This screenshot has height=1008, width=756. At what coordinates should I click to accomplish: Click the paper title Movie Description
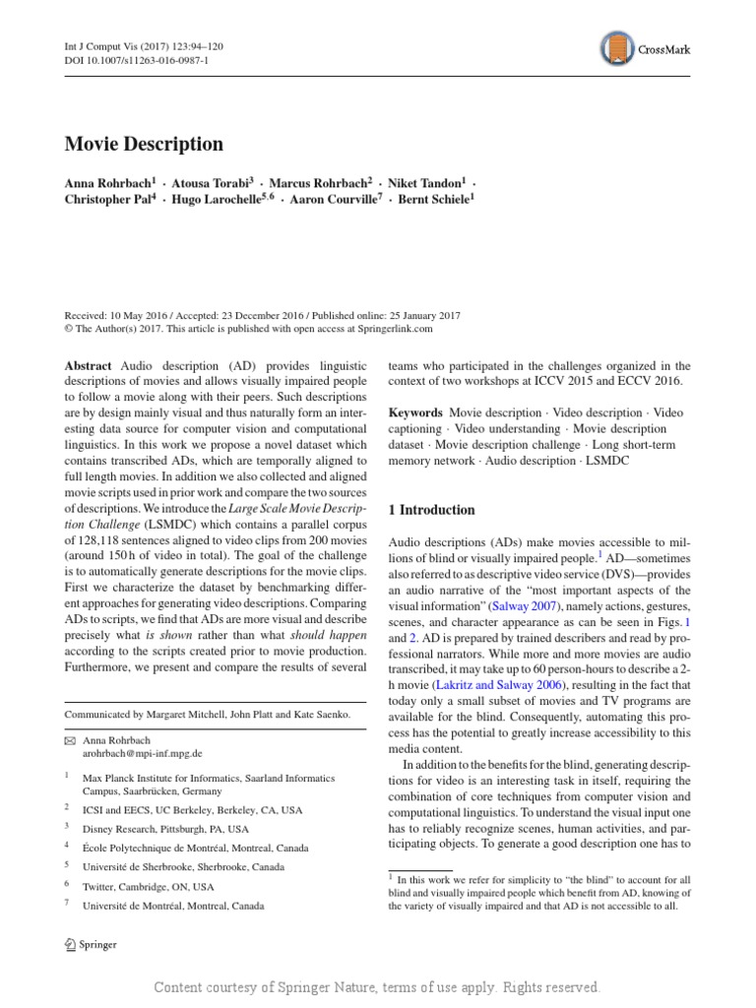(x=144, y=145)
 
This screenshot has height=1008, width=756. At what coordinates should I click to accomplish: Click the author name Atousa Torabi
(x=215, y=182)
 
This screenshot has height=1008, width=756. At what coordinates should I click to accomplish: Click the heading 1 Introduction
(x=432, y=510)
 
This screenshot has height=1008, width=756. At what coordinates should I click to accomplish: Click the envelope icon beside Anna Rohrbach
(x=70, y=739)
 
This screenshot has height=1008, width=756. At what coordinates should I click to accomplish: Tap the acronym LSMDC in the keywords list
(x=618, y=460)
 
